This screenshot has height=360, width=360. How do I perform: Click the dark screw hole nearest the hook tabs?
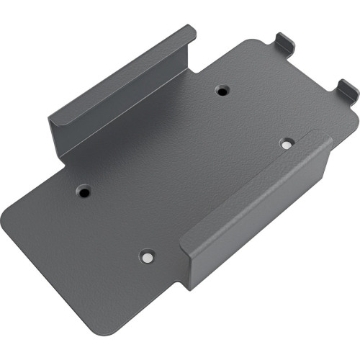[x=222, y=91]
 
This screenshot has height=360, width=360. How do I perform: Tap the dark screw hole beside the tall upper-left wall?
[x=84, y=192]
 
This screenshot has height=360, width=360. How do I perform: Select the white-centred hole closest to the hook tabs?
[x=287, y=143]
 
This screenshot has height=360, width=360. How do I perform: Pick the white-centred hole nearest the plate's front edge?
[x=147, y=256]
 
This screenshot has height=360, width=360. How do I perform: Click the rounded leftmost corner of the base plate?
[x=9, y=216]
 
